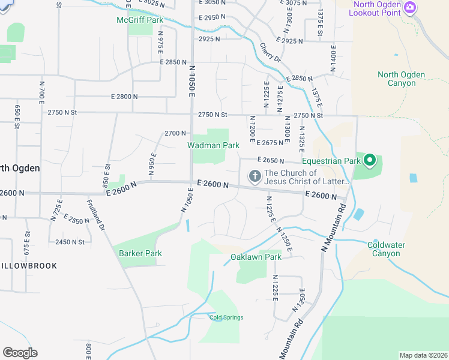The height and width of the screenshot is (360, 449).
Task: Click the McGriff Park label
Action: click(139, 20)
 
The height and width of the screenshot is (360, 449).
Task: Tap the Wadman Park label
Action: click(213, 145)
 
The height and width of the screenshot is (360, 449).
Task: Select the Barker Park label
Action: click(140, 253)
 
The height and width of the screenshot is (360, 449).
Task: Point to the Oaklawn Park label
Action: click(256, 257)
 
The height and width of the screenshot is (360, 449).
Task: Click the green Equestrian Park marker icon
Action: click(370, 160)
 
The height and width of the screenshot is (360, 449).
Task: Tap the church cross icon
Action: click(255, 176)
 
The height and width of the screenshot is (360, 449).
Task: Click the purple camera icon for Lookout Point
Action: click(410, 7)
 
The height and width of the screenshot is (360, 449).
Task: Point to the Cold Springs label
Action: click(226, 317)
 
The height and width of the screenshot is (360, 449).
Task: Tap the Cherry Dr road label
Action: click(270, 52)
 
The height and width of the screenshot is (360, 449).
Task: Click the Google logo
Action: click(20, 352)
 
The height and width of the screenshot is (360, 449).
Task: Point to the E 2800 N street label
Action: click(124, 97)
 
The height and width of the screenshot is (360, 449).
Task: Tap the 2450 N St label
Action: click(70, 242)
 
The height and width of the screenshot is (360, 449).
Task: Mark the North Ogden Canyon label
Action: click(401, 79)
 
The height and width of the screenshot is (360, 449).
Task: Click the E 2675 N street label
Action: click(269, 143)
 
